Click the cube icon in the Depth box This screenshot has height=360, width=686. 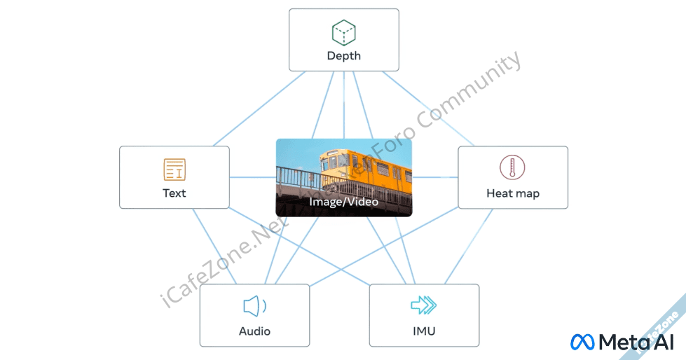click(343, 32)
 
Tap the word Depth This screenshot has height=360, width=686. click(343, 56)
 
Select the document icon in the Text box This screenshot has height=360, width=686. click(174, 169)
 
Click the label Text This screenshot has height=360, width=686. click(174, 193)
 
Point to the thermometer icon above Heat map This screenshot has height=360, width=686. click(512, 168)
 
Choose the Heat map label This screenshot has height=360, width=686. click(513, 193)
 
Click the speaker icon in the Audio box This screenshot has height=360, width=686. click(254, 306)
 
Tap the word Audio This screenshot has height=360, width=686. click(254, 331)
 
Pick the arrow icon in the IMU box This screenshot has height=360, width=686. click(423, 305)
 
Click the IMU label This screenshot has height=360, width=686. click(424, 331)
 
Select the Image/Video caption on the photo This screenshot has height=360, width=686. click(343, 202)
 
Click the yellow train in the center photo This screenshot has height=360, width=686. click(364, 168)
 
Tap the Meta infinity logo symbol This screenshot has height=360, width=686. click(582, 342)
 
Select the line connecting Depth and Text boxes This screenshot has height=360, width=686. click(259, 109)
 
